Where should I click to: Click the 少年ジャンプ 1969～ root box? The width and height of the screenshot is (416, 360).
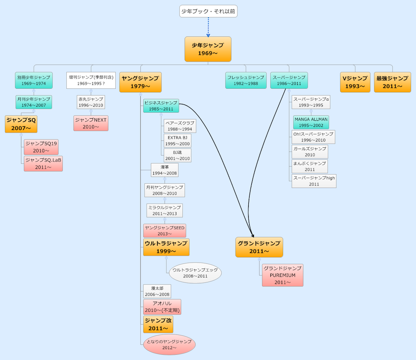pos(208,49)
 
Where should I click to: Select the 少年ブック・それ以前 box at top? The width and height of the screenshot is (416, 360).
pos(208,11)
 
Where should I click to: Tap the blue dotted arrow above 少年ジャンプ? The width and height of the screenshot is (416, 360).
pos(208,27)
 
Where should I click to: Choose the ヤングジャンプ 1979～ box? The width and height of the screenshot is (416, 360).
pos(140,82)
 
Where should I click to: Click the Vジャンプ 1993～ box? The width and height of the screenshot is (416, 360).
pos(355,82)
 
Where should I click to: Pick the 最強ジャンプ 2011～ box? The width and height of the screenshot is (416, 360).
pos(393,82)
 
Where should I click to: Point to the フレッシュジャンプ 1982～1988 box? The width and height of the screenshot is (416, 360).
pos(246,81)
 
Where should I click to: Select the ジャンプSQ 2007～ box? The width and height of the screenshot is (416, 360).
pos(21,124)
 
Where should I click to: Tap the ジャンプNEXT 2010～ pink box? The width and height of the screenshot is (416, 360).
pos(91,123)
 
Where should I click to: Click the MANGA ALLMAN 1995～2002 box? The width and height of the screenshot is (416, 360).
pos(311,122)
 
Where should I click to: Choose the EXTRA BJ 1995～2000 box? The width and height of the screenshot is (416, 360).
pos(178,141)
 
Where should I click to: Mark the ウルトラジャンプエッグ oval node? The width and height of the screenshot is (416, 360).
pos(195,273)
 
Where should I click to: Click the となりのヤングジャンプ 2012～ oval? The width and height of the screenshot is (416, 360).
pos(169,344)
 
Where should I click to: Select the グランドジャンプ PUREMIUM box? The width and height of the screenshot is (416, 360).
pos(283,275)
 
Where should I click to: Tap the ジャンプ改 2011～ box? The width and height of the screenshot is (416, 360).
pos(158,324)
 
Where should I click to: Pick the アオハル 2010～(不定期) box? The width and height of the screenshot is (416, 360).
pos(162,307)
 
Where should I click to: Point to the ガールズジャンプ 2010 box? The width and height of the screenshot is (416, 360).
pos(309,152)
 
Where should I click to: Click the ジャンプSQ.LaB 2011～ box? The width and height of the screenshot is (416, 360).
pos(43,163)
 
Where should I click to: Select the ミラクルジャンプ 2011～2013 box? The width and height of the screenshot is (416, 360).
pos(165,211)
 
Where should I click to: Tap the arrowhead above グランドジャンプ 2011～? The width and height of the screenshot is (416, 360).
pos(253,236)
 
